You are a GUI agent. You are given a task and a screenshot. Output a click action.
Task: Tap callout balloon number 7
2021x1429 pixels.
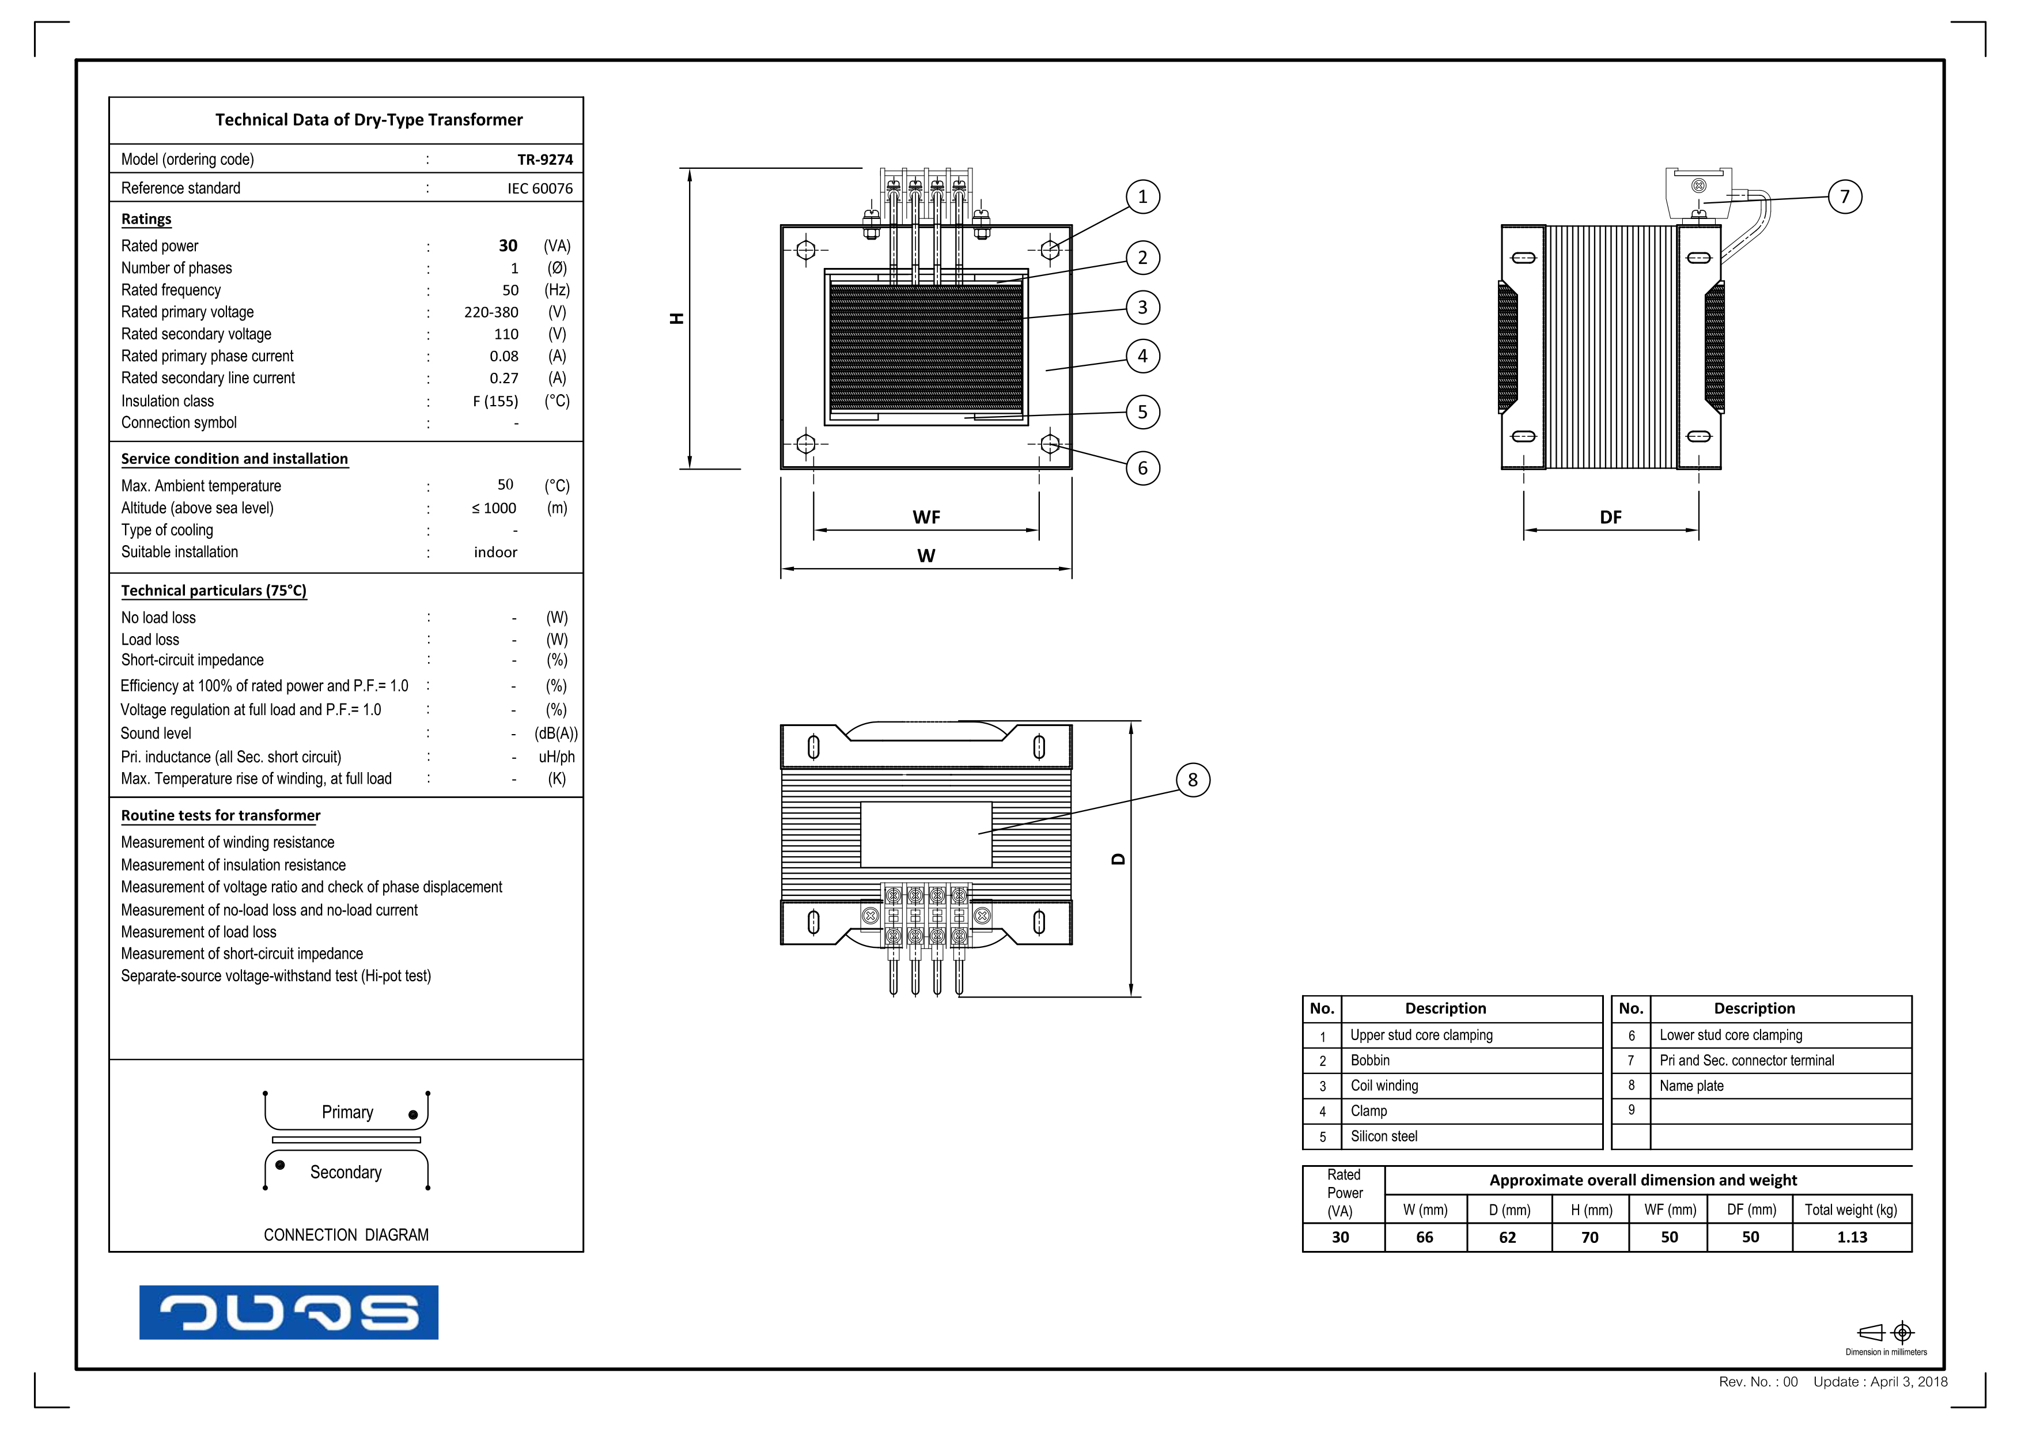pos(1844,196)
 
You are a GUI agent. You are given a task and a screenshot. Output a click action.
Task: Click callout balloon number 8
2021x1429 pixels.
pos(1192,780)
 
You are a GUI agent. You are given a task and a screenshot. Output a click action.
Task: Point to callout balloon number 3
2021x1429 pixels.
pos(1142,307)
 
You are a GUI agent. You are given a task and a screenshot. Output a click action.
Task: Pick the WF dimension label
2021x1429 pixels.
pos(926,517)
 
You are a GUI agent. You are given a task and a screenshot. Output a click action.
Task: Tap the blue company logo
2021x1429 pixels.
pos(288,1312)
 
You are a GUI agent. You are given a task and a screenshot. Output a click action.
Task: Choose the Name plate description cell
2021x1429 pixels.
pos(1691,1086)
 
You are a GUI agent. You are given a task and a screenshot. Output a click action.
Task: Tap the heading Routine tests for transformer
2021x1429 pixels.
pos(220,815)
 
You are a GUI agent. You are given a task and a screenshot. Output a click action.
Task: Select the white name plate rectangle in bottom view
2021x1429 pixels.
pos(925,834)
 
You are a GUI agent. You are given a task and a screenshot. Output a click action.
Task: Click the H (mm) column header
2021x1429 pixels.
pos(1591,1210)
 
